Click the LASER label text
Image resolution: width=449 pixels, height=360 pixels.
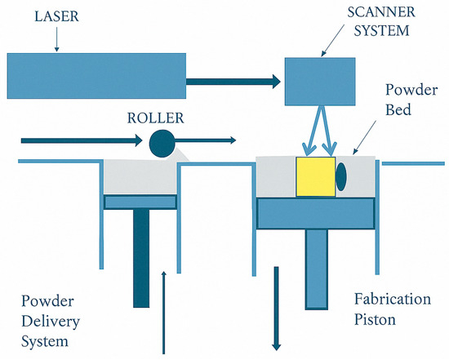click(x=56, y=16)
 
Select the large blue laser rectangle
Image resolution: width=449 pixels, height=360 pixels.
click(x=96, y=76)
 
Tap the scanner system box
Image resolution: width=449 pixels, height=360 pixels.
click(x=320, y=82)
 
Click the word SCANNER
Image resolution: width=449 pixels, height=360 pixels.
click(x=381, y=12)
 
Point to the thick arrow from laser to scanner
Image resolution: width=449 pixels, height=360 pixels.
click(x=233, y=82)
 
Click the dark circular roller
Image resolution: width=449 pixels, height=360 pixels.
click(x=162, y=144)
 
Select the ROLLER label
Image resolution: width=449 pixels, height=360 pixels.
click(x=155, y=118)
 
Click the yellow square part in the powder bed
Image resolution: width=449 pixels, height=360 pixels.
click(x=316, y=176)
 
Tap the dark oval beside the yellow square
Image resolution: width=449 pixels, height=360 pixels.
click(x=341, y=176)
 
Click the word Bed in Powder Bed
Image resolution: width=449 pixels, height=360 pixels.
click(x=398, y=109)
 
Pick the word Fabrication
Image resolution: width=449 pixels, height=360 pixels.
click(x=393, y=299)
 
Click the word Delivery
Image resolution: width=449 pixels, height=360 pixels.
click(x=51, y=322)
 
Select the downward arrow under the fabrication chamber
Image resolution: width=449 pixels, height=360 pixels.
click(x=276, y=309)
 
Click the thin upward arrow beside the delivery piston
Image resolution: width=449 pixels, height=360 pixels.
click(x=164, y=313)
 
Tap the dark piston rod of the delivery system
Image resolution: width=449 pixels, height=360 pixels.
click(x=141, y=258)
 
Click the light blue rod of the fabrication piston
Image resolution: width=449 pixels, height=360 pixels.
click(x=317, y=269)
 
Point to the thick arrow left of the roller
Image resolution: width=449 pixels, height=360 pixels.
click(x=82, y=140)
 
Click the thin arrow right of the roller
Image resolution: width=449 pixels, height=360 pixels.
click(x=205, y=140)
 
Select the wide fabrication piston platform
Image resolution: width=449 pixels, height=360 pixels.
click(x=316, y=213)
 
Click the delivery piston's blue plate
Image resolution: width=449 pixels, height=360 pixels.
click(x=140, y=202)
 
